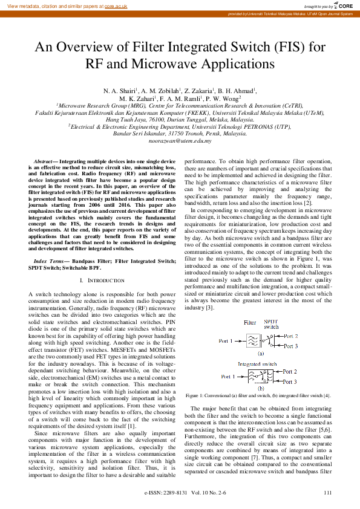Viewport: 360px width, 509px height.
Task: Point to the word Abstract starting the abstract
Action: click(42, 162)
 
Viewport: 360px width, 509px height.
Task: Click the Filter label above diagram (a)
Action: click(249, 324)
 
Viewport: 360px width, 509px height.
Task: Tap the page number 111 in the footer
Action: click(327, 493)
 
